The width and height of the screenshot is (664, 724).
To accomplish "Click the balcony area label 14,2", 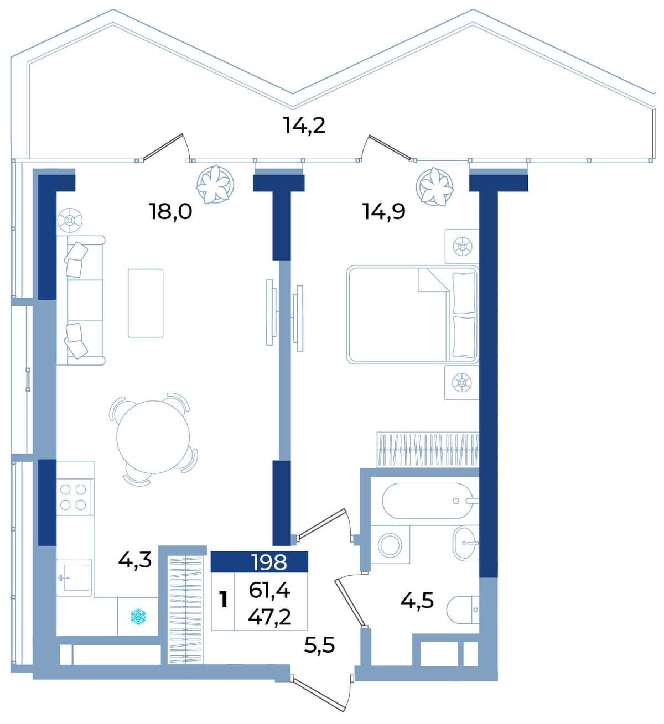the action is click(x=304, y=126).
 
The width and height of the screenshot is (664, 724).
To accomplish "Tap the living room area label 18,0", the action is click(x=170, y=211).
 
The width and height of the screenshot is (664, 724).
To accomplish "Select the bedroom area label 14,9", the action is click(x=384, y=211).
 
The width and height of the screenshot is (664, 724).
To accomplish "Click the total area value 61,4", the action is click(x=269, y=591).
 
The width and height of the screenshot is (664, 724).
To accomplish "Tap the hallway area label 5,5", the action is click(x=319, y=645).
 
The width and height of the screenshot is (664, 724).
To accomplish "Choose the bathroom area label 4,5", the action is click(x=417, y=601).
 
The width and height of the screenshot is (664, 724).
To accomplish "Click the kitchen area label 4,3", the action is click(x=134, y=561).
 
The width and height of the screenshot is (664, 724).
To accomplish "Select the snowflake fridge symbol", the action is click(x=138, y=617).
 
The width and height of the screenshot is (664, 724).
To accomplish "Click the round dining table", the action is click(x=153, y=437).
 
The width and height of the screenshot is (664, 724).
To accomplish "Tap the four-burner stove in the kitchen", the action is click(x=73, y=497).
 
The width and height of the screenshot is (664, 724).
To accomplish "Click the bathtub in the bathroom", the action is click(x=428, y=501).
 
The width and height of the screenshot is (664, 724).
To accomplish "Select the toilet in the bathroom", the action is click(x=463, y=610).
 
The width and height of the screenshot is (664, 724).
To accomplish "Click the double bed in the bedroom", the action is click(x=413, y=314).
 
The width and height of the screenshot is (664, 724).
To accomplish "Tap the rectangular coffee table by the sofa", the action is click(x=146, y=303).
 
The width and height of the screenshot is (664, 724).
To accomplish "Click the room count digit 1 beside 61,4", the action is click(x=224, y=600).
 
